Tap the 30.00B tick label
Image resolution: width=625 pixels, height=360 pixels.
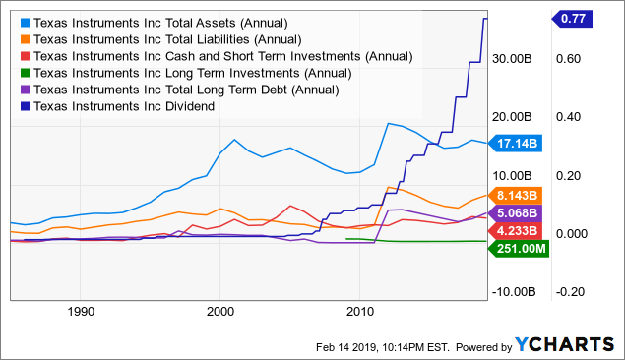[x=513, y=58]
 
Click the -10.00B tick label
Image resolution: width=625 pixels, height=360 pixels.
[x=513, y=291]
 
